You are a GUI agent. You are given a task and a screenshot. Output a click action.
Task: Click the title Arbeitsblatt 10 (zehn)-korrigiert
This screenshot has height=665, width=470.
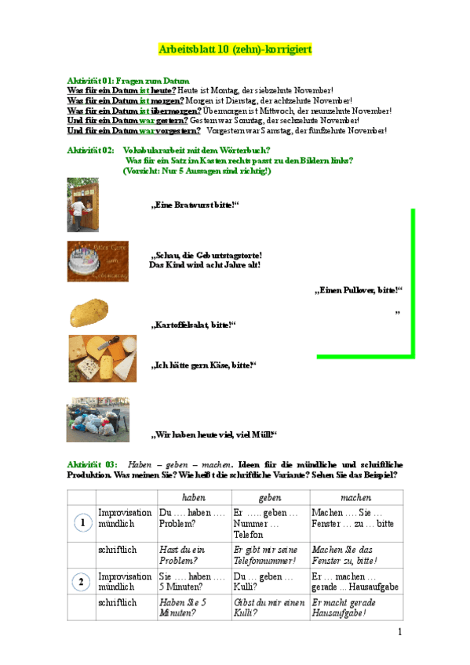(235, 49)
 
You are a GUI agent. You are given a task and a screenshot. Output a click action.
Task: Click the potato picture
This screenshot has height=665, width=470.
(89, 312)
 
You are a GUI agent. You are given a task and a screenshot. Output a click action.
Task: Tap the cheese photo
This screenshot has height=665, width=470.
(102, 358)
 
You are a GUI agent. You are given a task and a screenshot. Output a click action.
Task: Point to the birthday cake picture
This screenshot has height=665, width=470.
(93, 260)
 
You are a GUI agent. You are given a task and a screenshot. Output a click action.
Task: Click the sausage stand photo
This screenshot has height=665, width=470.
(82, 205)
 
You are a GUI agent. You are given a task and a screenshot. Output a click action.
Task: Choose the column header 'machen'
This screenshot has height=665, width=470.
(355, 498)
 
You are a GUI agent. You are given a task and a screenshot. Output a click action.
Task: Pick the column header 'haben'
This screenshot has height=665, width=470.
(193, 498)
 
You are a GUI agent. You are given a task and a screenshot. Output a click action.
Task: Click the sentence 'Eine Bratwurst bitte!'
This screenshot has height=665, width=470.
(194, 205)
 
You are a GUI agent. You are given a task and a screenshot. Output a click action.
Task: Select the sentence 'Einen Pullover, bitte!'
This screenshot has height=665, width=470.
(358, 290)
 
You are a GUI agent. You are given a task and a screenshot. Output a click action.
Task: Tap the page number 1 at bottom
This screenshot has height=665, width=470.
(399, 632)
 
